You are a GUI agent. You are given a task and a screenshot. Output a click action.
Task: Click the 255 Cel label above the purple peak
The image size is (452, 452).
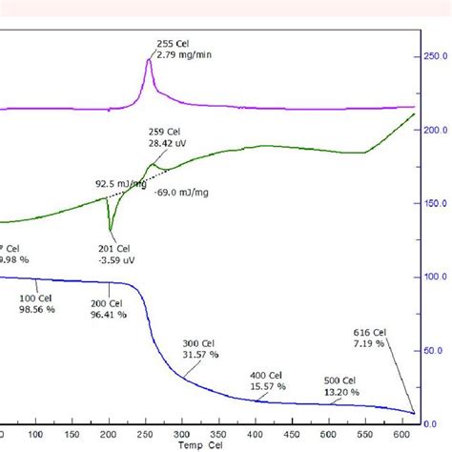pyautogui.click(x=172, y=43)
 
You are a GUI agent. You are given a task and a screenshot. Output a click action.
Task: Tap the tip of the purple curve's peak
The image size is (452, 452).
pyautogui.click(x=149, y=58)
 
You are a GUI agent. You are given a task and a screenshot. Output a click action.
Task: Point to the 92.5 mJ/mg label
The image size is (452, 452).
pyautogui.click(x=115, y=184)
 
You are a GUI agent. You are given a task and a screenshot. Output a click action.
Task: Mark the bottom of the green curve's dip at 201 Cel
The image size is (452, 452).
pyautogui.click(x=111, y=231)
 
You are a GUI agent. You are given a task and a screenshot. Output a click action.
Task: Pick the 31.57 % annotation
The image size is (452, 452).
pyautogui.click(x=201, y=354)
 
